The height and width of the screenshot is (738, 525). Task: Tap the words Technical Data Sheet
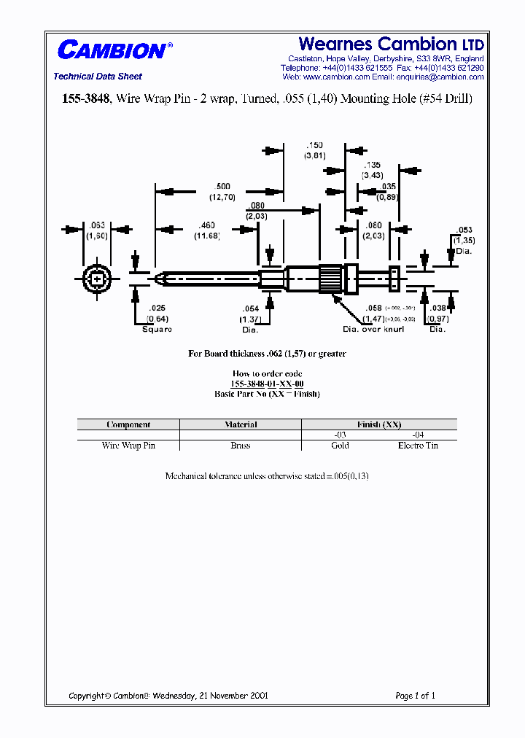[98, 77]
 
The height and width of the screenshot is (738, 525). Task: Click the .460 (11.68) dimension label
[207, 230]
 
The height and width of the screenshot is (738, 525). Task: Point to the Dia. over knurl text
[373, 330]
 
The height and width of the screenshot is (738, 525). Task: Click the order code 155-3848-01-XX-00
[267, 384]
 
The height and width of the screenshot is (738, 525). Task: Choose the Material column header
[240, 424]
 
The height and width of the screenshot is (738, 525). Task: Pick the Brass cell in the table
[240, 446]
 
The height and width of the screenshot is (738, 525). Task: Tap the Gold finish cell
[340, 446]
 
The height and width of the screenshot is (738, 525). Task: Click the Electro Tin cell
[418, 446]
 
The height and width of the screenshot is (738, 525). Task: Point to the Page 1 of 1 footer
[415, 696]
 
